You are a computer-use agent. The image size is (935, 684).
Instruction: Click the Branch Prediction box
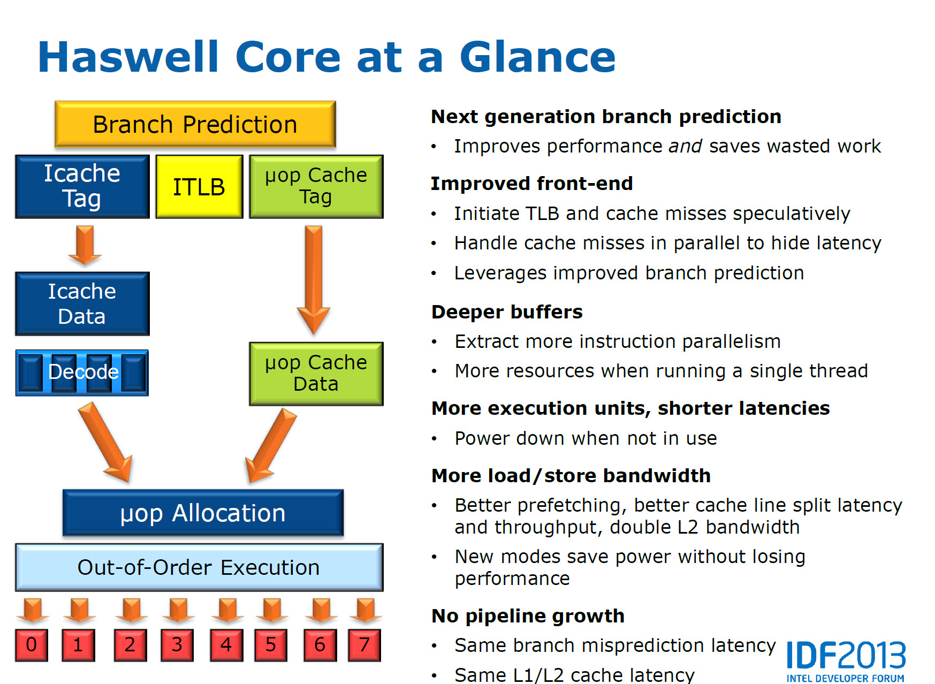click(195, 124)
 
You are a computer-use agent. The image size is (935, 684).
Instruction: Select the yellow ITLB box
click(199, 187)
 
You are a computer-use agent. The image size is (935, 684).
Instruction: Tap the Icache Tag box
click(82, 186)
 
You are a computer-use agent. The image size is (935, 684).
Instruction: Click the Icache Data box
click(82, 303)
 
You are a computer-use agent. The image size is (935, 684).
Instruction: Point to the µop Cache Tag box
click(316, 186)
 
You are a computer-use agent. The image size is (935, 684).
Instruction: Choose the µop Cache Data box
click(316, 374)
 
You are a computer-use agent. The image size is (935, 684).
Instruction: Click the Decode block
click(82, 373)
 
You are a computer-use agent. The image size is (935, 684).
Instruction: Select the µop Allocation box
click(203, 513)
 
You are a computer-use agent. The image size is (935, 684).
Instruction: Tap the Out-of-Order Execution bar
click(199, 567)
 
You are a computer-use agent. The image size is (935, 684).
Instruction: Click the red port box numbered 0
click(32, 645)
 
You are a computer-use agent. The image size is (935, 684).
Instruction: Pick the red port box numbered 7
click(364, 645)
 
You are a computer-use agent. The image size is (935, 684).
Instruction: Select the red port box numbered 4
click(226, 645)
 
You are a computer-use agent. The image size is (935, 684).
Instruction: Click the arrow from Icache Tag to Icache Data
click(85, 245)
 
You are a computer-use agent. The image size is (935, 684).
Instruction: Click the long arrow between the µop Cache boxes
click(314, 278)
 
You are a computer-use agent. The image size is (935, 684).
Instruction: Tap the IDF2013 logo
click(846, 660)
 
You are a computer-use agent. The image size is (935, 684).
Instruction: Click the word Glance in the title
click(537, 57)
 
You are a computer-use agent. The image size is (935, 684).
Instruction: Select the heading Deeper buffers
click(507, 312)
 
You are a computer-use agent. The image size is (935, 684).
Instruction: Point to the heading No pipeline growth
click(528, 616)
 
